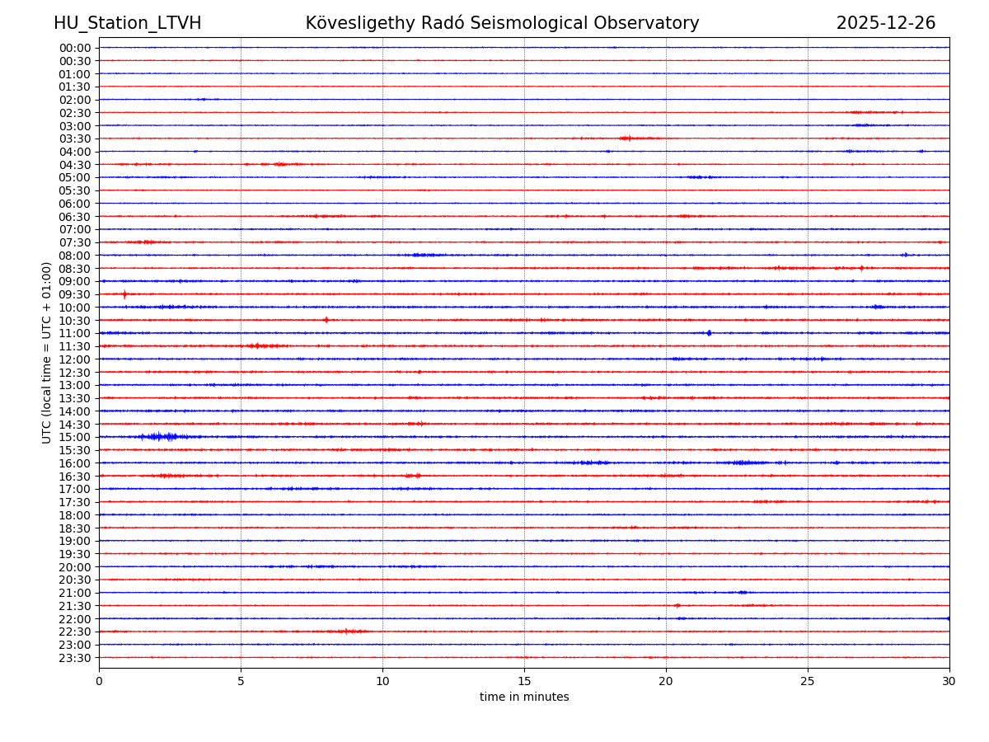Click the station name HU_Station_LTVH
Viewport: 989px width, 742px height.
click(127, 24)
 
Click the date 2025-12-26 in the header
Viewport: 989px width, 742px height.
click(886, 24)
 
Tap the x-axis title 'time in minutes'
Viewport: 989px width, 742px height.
click(524, 697)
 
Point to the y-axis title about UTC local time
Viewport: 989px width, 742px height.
click(47, 352)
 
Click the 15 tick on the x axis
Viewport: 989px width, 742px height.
click(524, 681)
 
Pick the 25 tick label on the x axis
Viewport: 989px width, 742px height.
click(808, 681)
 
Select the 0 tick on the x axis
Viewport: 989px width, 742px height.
click(99, 681)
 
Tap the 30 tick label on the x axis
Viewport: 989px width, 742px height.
click(949, 681)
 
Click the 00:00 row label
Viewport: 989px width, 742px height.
click(75, 48)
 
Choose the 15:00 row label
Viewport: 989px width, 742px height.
click(75, 437)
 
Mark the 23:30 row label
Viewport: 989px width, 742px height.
click(75, 658)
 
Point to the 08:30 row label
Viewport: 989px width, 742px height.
click(75, 269)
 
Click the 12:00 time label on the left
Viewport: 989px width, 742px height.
click(75, 359)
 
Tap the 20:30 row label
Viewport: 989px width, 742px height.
click(75, 580)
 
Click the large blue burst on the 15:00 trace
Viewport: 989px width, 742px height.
click(162, 436)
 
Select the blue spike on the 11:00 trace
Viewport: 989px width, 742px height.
click(709, 333)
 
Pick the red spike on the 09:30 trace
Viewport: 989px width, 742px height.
click(124, 294)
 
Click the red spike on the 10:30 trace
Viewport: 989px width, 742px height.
click(326, 320)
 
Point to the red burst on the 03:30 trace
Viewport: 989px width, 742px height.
click(626, 138)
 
